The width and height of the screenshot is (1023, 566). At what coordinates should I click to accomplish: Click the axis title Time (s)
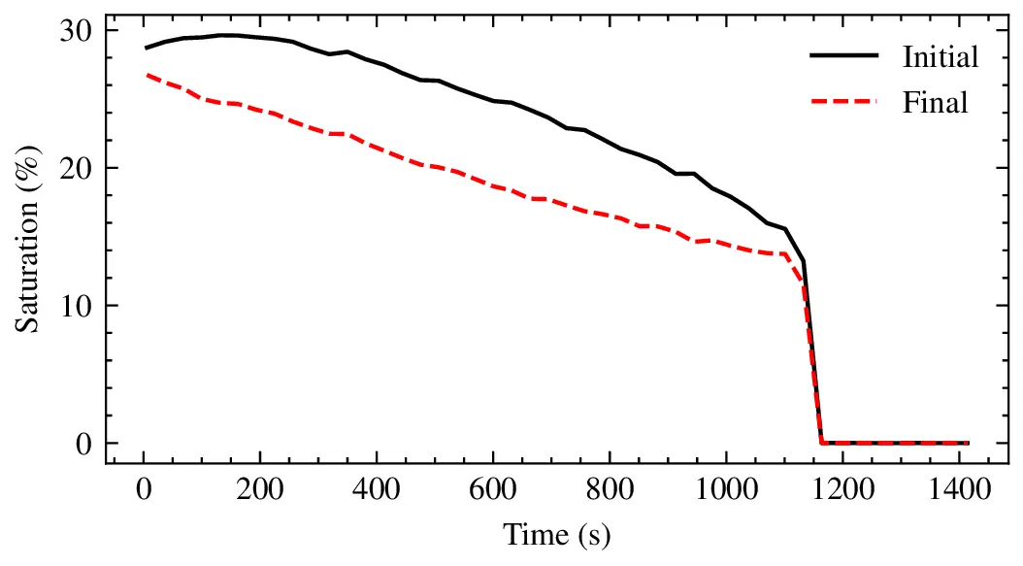pos(556,535)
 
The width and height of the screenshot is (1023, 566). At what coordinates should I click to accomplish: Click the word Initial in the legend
pos(940,56)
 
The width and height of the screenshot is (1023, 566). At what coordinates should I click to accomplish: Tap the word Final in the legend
pos(935,101)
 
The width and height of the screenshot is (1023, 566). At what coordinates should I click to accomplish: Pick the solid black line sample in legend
pos(843,56)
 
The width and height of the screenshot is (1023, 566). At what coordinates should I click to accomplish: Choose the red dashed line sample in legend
pos(843,101)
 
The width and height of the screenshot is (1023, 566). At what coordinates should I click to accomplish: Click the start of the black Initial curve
pos(146,48)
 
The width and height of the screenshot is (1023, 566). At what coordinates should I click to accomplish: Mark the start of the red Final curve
pos(146,74)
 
